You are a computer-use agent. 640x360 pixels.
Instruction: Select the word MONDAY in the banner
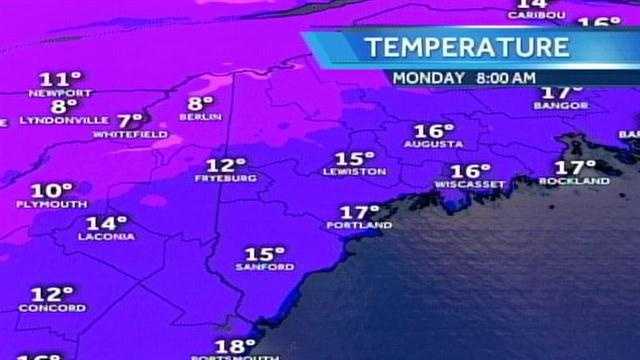(x=427, y=76)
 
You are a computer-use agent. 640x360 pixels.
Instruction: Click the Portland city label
(x=358, y=226)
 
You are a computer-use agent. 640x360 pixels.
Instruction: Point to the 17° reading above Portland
(x=359, y=212)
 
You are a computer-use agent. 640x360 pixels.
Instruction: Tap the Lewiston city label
(x=354, y=172)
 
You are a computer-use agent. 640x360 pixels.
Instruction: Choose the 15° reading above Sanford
(x=265, y=254)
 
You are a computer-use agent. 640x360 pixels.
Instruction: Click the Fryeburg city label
(x=225, y=178)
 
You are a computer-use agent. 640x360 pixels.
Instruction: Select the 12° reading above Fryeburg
(x=226, y=164)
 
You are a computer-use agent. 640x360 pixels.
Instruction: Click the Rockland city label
(x=574, y=181)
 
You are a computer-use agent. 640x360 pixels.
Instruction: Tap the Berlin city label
(x=199, y=116)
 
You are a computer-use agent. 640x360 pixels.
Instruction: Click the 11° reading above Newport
(x=60, y=78)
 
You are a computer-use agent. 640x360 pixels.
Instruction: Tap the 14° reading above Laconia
(x=106, y=223)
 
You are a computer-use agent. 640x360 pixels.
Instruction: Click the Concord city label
(x=52, y=308)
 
